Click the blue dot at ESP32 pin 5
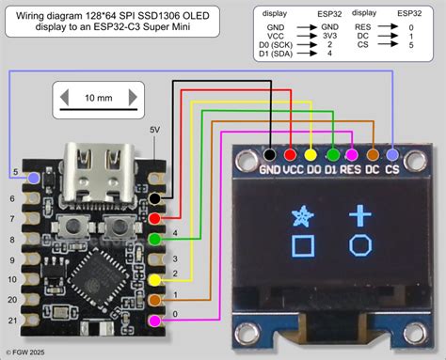pos(35,176)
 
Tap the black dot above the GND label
pos(270,153)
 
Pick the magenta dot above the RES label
pos(352,153)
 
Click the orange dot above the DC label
pos(373,153)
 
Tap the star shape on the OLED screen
pos(302,217)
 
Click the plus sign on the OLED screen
pos(361,215)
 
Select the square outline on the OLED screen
pos(302,247)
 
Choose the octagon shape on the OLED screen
pos(361,246)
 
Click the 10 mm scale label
pos(99,98)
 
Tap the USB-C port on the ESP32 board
pos(92,164)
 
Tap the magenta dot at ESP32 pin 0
pos(154,322)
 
